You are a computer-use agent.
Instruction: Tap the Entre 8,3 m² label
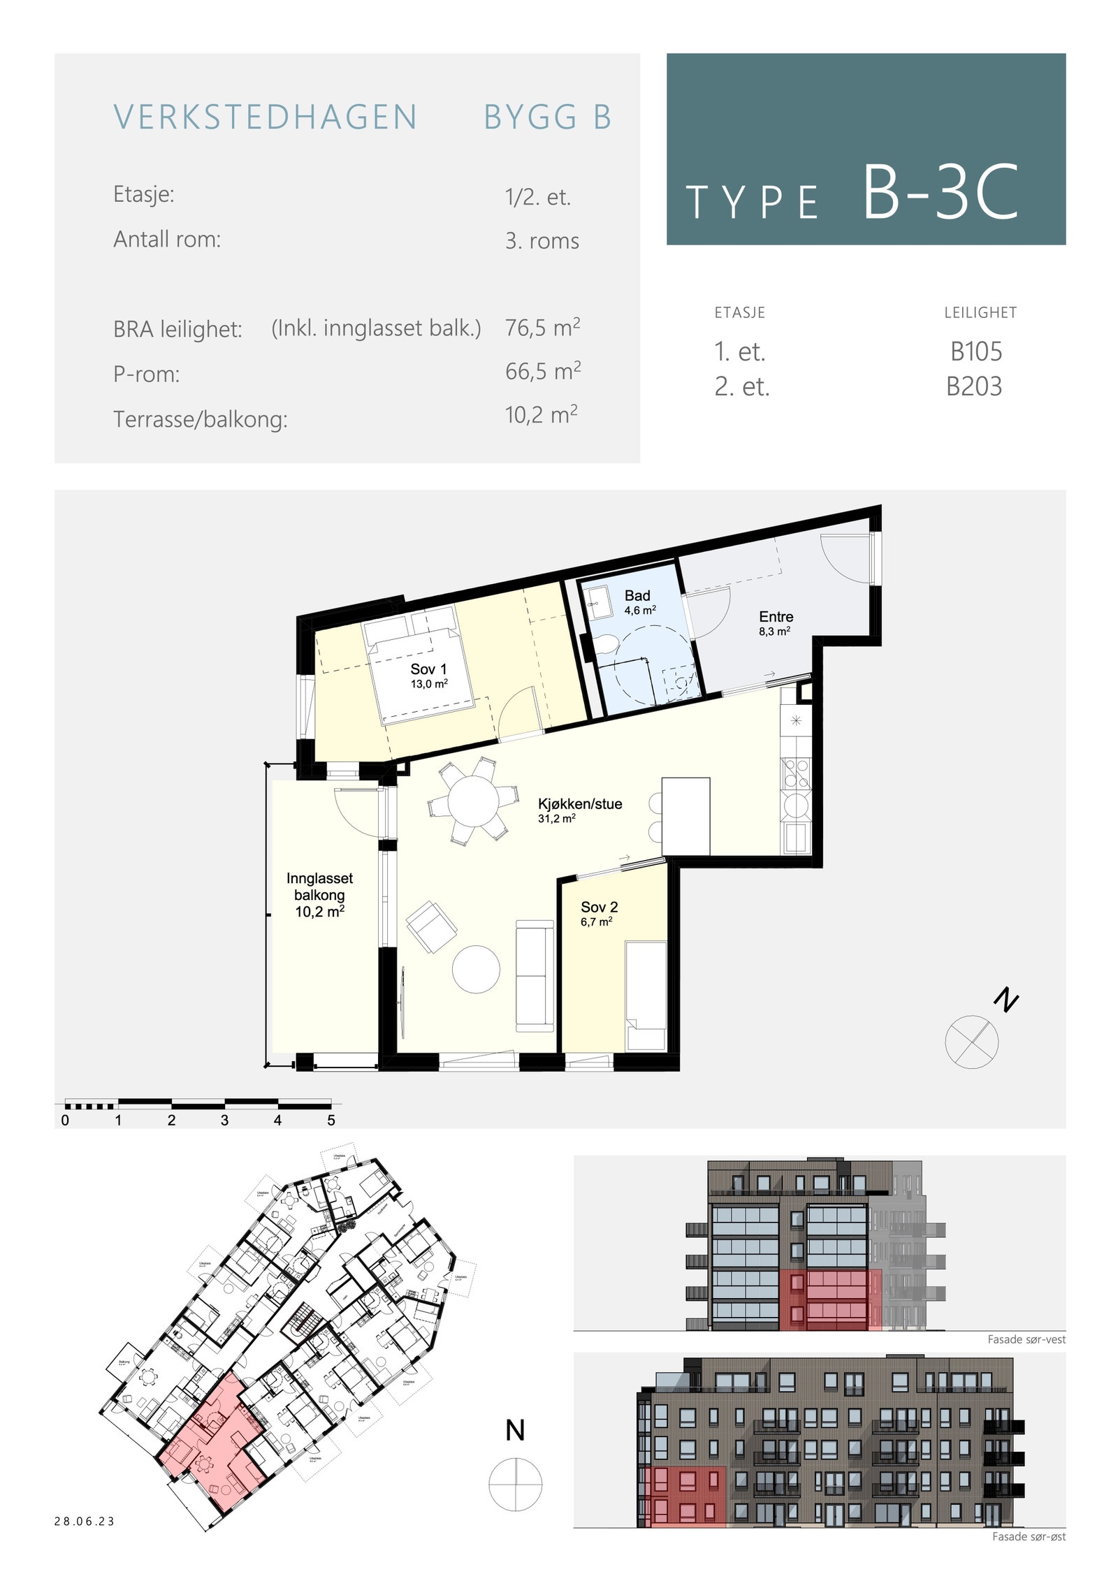click(776, 622)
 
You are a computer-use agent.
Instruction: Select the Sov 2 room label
click(599, 913)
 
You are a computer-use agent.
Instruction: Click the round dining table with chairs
click(473, 801)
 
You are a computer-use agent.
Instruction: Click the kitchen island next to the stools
click(685, 816)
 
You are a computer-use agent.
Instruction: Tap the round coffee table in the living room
click(476, 969)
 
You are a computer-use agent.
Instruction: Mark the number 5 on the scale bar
click(331, 1120)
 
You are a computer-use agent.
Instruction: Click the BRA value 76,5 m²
click(542, 328)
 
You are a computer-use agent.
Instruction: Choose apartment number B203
click(973, 386)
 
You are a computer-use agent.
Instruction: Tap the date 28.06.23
click(85, 1521)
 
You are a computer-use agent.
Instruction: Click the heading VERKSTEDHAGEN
click(266, 117)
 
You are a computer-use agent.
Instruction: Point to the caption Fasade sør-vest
click(1026, 1339)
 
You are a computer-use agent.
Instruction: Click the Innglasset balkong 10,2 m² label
click(319, 895)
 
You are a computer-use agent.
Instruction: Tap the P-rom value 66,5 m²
click(543, 371)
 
